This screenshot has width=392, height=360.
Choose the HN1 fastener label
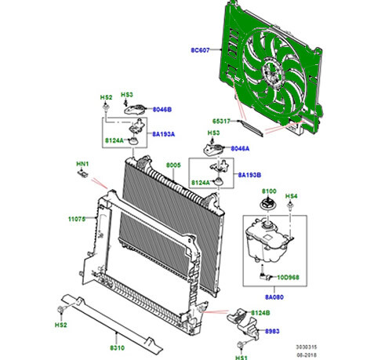click(82, 164)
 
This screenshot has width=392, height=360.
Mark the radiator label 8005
click(173, 165)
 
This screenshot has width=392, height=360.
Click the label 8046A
click(241, 147)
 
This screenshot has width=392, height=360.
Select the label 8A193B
click(249, 175)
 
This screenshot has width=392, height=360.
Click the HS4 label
click(291, 195)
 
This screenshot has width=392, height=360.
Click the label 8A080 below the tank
click(273, 298)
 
